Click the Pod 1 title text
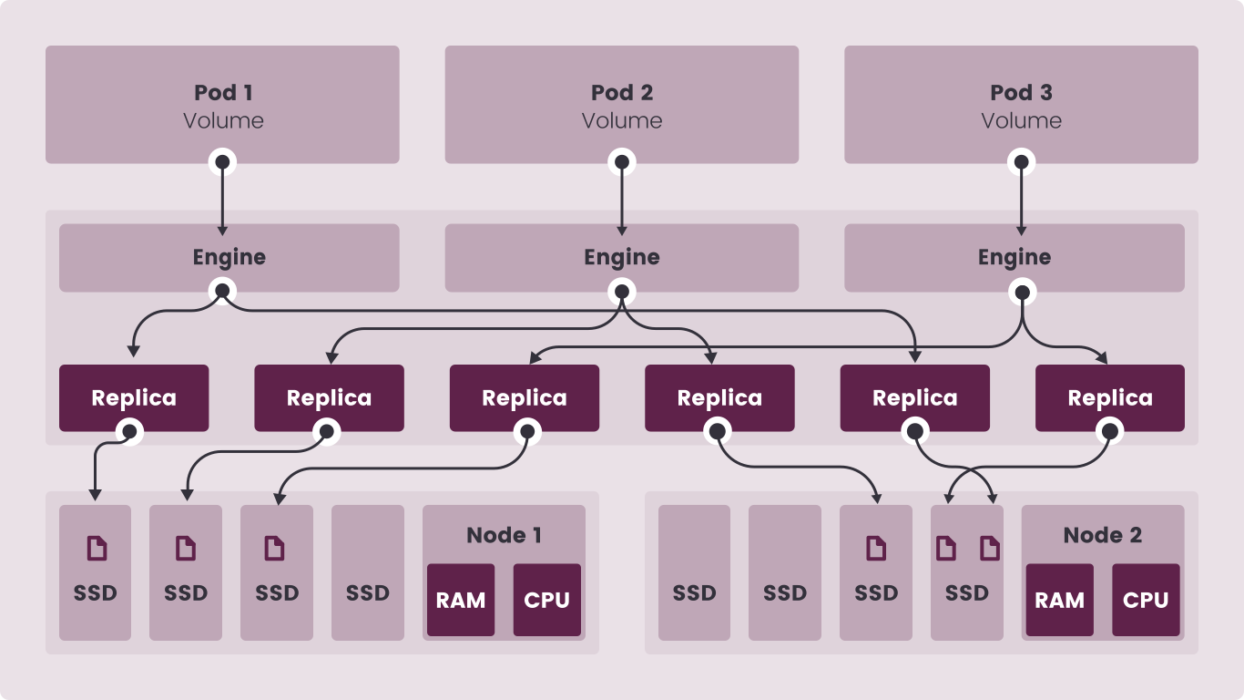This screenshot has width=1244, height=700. click(x=223, y=92)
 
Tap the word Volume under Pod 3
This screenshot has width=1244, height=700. click(x=1021, y=120)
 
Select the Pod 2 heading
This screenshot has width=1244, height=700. click(x=622, y=92)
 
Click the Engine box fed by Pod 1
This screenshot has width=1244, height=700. click(x=229, y=257)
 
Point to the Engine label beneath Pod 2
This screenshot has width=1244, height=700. click(x=622, y=257)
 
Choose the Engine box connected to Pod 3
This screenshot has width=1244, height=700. click(x=1014, y=257)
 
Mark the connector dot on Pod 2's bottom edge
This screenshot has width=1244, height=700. click(x=622, y=163)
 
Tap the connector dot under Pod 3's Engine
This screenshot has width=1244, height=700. click(x=1022, y=293)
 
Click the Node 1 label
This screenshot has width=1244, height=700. click(x=504, y=535)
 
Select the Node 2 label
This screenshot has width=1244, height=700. click(x=1102, y=535)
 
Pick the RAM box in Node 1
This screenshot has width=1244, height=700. click(x=461, y=600)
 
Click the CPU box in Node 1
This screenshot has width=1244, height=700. click(x=546, y=600)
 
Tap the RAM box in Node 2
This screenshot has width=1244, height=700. click(x=1059, y=600)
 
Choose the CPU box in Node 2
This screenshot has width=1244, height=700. click(x=1146, y=600)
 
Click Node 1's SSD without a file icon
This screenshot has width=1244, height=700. click(x=368, y=572)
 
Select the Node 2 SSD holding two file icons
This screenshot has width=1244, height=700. click(x=966, y=572)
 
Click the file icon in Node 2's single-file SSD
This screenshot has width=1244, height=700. click(x=875, y=548)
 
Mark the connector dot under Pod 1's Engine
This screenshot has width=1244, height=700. click(x=222, y=293)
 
